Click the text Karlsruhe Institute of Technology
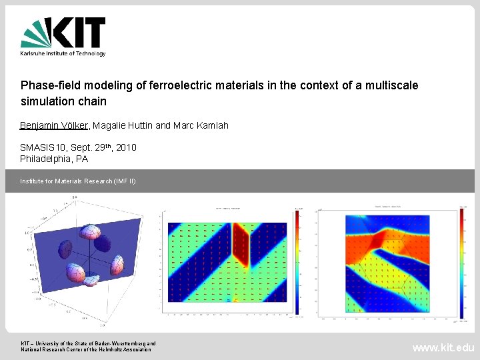point(63,53)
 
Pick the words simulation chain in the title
point(63,102)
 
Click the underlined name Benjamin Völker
point(55,125)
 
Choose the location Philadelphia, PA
point(54,159)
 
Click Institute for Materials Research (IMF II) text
point(78,181)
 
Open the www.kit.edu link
point(443,347)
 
